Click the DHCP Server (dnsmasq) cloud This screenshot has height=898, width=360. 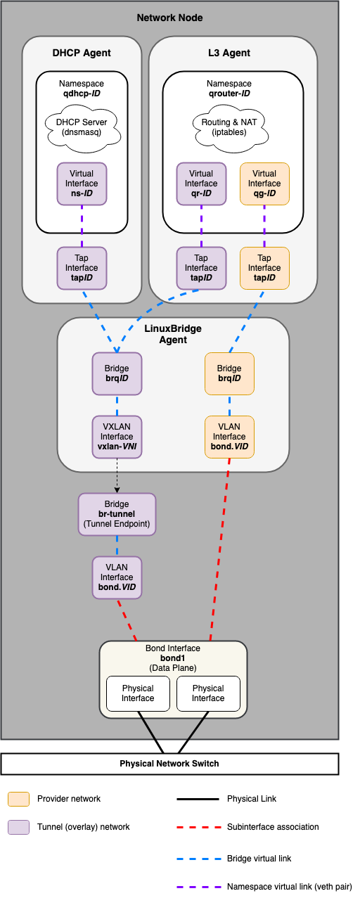[x=82, y=127]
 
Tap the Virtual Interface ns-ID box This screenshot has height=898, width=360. [x=82, y=184]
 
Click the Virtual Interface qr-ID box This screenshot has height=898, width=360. [x=201, y=184]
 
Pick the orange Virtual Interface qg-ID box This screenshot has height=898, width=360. [x=264, y=184]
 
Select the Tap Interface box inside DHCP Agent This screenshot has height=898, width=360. [x=82, y=268]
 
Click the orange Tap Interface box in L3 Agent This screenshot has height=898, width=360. [x=264, y=268]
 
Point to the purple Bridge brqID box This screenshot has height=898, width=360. [x=117, y=373]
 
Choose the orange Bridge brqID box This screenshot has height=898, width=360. [x=229, y=373]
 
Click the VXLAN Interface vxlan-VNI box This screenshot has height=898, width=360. [x=117, y=437]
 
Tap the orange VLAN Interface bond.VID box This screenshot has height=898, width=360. [x=229, y=437]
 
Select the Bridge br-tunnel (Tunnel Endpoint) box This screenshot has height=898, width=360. [x=117, y=514]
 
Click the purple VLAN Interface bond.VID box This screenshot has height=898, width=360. [x=117, y=577]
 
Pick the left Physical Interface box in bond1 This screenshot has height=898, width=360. [x=138, y=693]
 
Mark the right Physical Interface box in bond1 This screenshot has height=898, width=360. [x=208, y=693]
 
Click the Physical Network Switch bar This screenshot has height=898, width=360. [x=169, y=764]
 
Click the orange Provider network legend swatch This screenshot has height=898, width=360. [x=18, y=799]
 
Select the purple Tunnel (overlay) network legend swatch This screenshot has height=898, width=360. [x=18, y=827]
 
